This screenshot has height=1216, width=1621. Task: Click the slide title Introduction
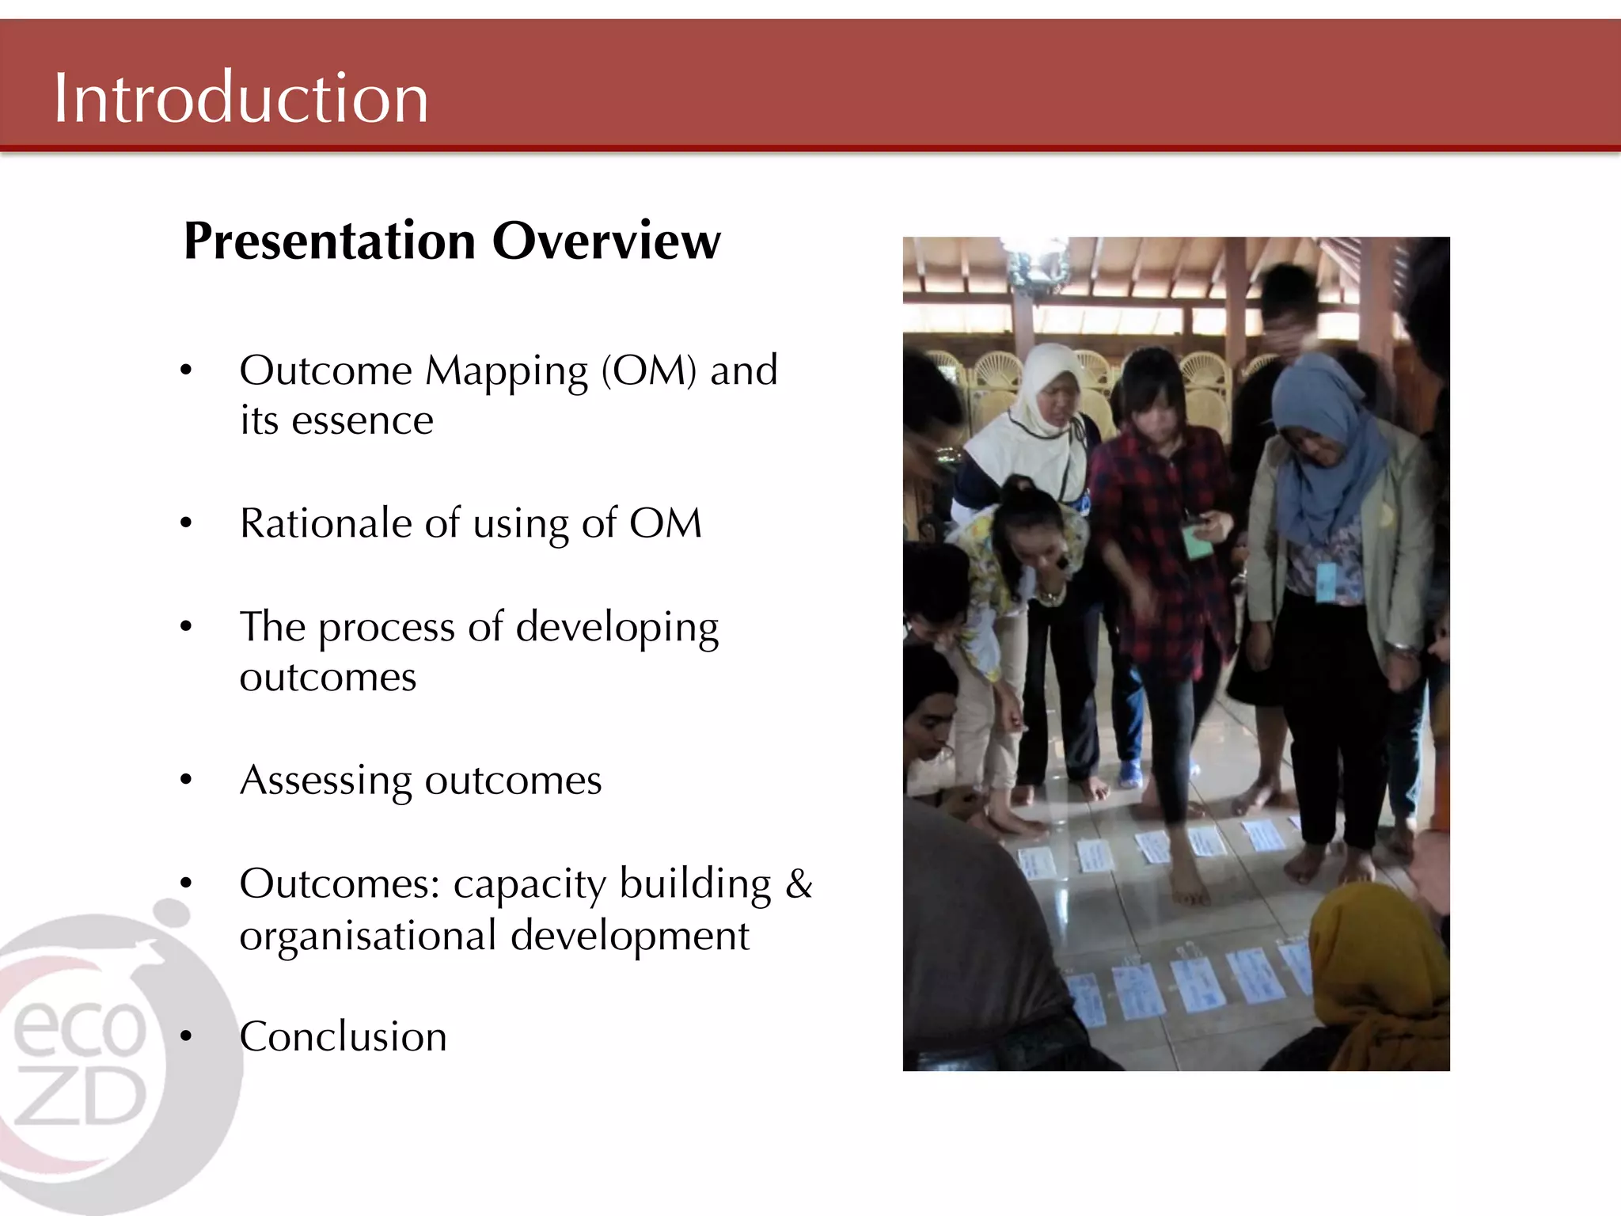[241, 98]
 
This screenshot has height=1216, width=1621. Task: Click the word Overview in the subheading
[606, 241]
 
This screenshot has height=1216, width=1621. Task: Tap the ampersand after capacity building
[799, 883]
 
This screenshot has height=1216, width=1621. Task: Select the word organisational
[368, 936]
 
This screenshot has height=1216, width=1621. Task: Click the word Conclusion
[344, 1036]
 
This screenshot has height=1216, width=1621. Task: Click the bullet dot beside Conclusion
[186, 1036]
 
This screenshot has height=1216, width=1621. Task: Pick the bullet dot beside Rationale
[186, 523]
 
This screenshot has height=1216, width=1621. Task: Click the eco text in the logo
[79, 1027]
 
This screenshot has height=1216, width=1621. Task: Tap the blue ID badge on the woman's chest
[1327, 582]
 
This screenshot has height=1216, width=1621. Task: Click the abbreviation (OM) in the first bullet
[648, 370]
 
